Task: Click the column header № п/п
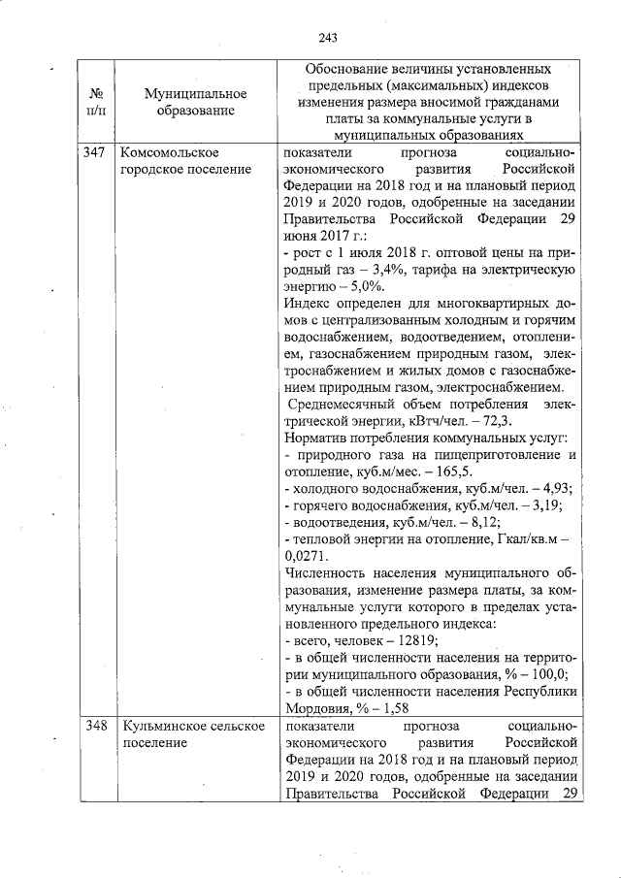96,102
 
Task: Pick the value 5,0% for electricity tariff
366,286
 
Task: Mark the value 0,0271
307,556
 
